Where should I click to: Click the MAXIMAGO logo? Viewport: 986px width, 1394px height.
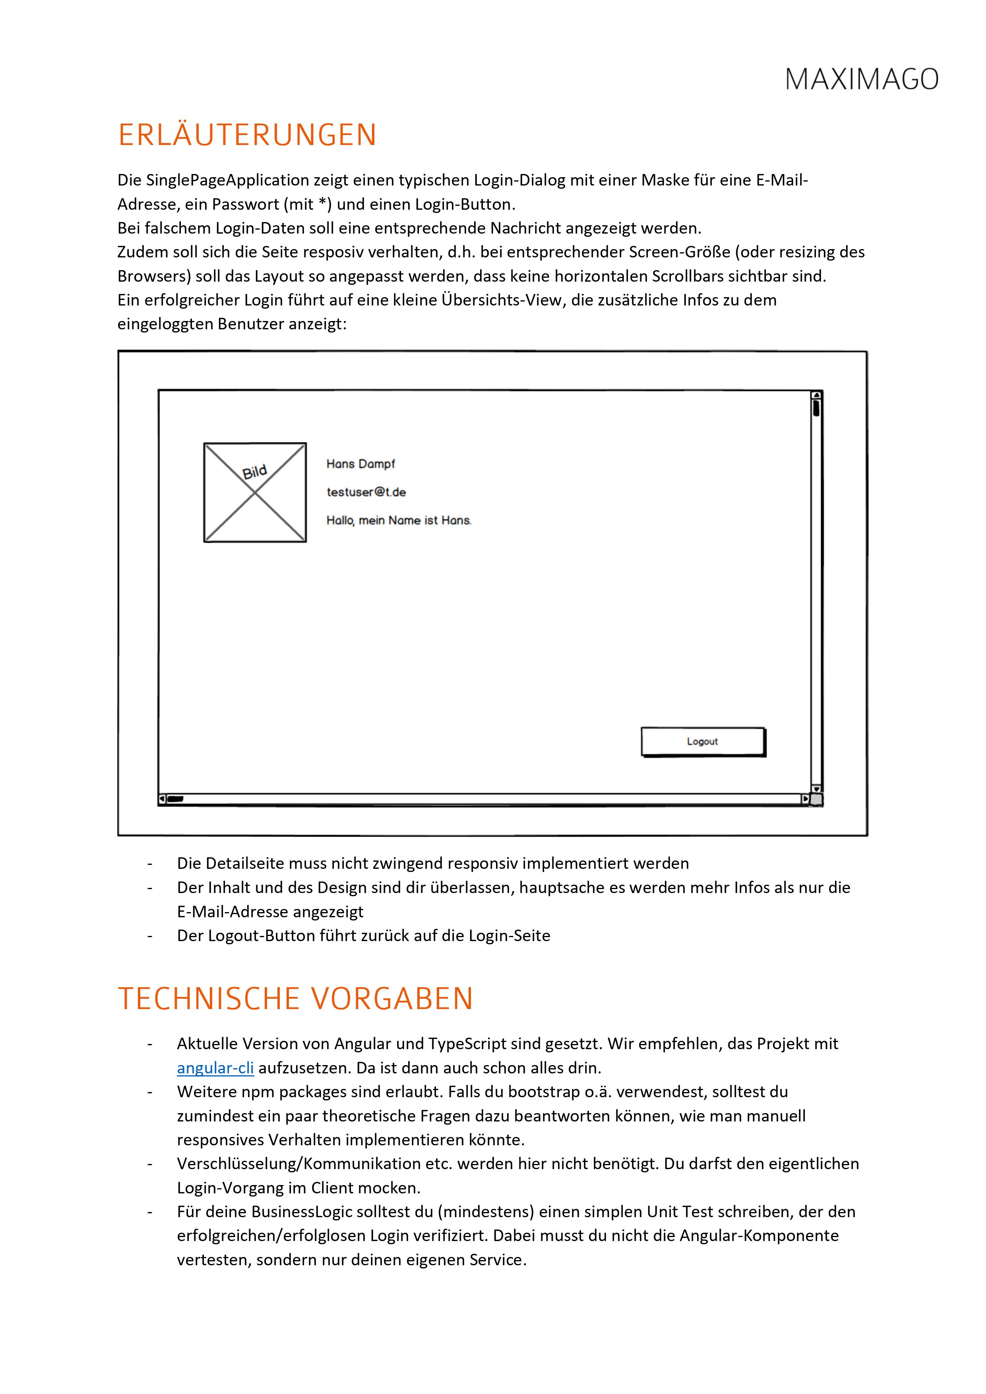(862, 79)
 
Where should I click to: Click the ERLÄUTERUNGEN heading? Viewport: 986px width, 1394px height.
(247, 135)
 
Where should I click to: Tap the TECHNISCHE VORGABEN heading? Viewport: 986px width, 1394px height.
(295, 999)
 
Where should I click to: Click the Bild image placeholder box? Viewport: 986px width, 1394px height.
(255, 492)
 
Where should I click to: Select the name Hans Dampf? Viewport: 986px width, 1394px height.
(360, 464)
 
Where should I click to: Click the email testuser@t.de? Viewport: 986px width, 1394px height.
(366, 492)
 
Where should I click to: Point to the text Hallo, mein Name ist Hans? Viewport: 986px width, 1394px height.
(399, 520)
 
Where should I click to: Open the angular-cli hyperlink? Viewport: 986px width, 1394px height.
(215, 1068)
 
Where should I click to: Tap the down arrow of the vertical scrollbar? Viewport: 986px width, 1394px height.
(817, 789)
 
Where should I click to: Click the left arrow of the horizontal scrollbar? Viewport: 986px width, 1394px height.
(162, 799)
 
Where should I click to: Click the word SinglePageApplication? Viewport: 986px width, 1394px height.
(227, 180)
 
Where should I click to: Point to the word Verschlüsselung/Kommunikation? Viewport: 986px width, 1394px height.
(315, 1164)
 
